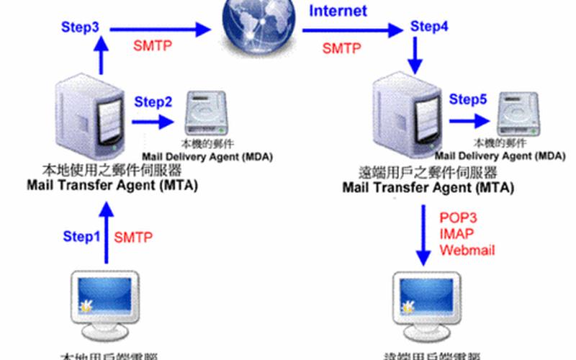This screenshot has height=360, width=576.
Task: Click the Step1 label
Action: (x=81, y=235)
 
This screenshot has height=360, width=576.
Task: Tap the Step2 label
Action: (x=153, y=102)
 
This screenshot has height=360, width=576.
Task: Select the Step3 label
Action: (x=80, y=27)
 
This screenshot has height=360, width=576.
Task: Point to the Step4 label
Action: (x=429, y=27)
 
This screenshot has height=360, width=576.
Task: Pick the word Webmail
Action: (x=467, y=250)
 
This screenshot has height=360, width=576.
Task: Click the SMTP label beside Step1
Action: (x=134, y=235)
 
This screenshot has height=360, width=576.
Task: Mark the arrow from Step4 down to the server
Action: (x=415, y=55)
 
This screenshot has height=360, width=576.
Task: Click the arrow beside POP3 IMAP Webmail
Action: (x=423, y=234)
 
